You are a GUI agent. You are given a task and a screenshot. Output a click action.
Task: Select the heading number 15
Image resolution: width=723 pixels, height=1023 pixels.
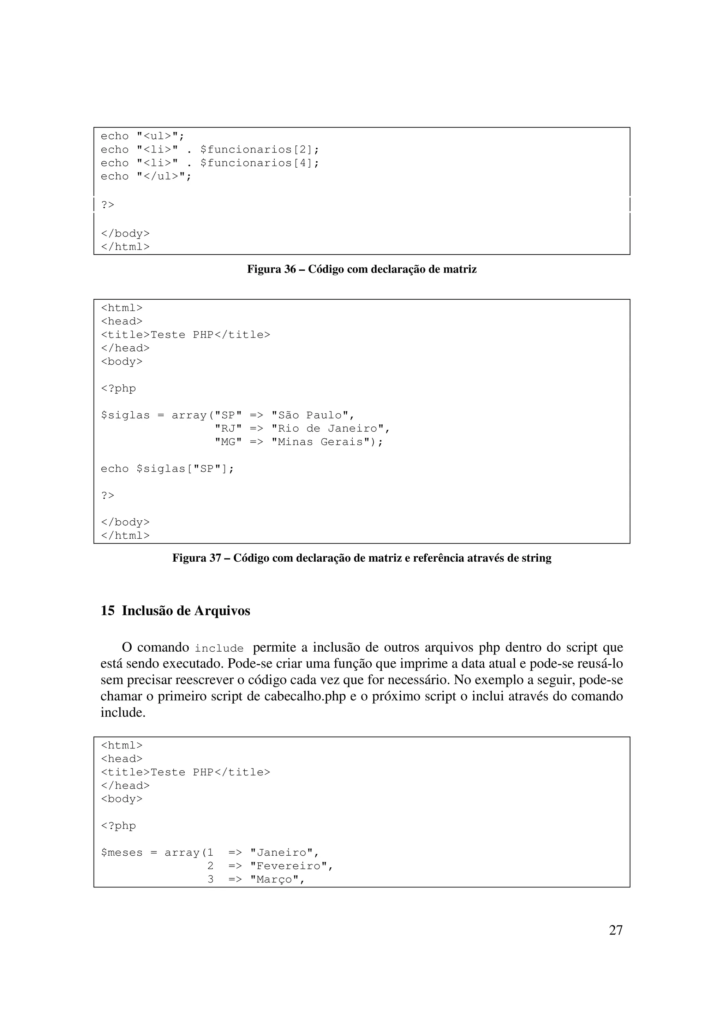coord(107,610)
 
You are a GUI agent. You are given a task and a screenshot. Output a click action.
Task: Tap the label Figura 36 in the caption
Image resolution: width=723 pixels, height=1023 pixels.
coord(271,269)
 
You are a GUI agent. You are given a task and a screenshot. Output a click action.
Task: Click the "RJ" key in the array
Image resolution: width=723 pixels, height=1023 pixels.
coord(228,429)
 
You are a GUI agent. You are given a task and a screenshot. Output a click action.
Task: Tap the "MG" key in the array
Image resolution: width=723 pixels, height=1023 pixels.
coord(228,442)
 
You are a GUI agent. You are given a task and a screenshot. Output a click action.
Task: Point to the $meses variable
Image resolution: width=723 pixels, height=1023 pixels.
coord(121,853)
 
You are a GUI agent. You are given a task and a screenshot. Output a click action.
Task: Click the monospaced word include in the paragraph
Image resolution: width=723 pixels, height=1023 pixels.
coord(219,648)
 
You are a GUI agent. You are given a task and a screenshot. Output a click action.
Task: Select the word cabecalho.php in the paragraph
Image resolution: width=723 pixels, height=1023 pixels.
coord(305,696)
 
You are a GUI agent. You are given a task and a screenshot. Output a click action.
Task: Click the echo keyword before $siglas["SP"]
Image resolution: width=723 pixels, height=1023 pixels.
coord(114,469)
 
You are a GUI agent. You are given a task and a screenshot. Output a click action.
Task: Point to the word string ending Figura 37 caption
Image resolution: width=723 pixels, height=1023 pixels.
coord(537,558)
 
